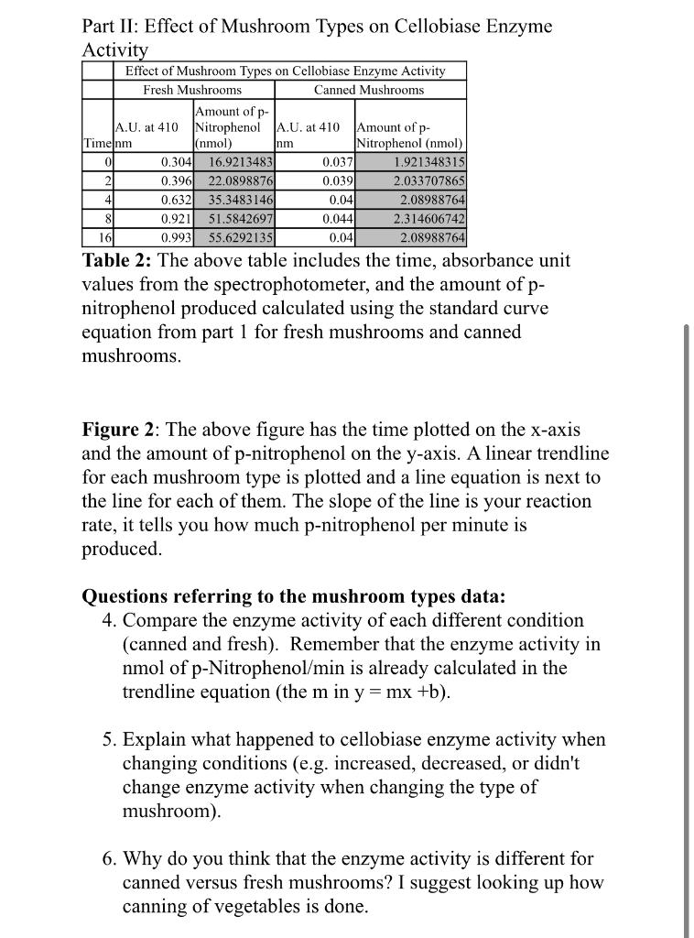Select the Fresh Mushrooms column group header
point(192,90)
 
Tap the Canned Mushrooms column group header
point(369,90)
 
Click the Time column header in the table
point(96,144)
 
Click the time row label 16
point(103,237)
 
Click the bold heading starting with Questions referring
point(293,597)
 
